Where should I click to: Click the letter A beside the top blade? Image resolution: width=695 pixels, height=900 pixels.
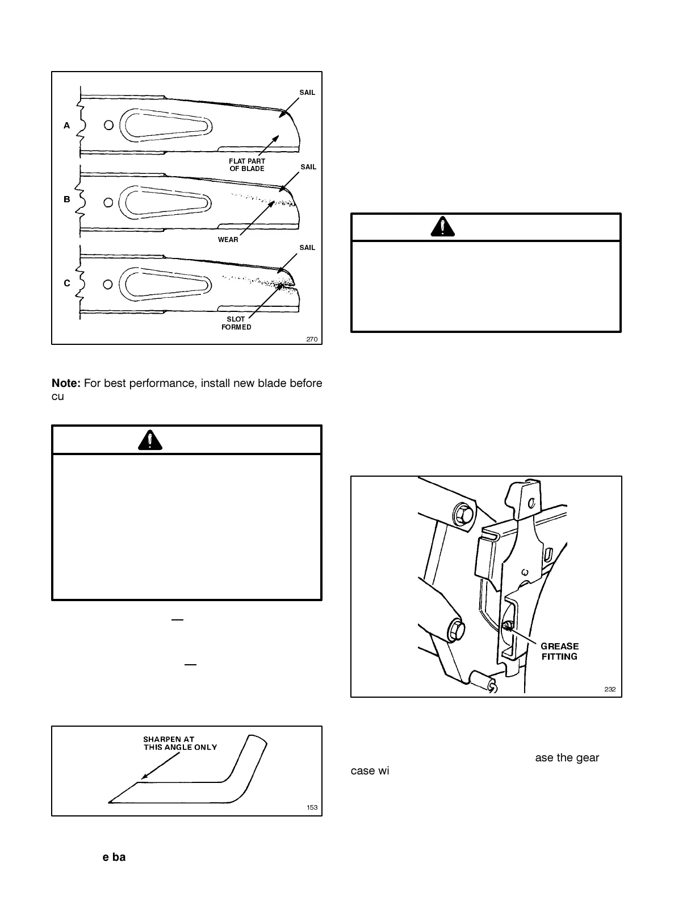(x=67, y=126)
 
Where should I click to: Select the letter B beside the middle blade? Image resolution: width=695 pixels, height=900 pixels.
(x=67, y=199)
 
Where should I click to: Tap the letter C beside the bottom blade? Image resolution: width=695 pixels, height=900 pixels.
(x=67, y=283)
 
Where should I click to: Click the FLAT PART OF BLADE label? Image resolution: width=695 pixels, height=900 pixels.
(x=247, y=165)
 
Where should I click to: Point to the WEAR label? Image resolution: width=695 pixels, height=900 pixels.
(x=228, y=239)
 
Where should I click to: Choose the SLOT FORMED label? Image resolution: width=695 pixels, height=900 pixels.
(x=236, y=323)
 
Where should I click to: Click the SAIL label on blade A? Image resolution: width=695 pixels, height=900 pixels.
(x=307, y=93)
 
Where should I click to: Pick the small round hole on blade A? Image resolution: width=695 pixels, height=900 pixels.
(x=108, y=125)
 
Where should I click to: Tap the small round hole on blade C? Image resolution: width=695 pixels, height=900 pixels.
(x=108, y=283)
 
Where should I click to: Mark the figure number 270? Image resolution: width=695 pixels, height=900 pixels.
(x=312, y=339)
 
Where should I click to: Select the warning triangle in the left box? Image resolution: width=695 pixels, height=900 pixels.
(x=150, y=440)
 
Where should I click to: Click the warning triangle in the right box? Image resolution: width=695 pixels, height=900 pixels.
(x=442, y=227)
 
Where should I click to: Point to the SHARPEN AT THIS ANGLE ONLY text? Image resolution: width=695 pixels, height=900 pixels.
(x=179, y=743)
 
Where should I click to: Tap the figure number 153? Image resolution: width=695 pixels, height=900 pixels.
(x=312, y=807)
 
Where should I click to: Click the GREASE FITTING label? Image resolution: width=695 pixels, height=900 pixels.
(x=559, y=651)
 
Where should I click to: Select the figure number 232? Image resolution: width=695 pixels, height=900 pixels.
(x=610, y=689)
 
